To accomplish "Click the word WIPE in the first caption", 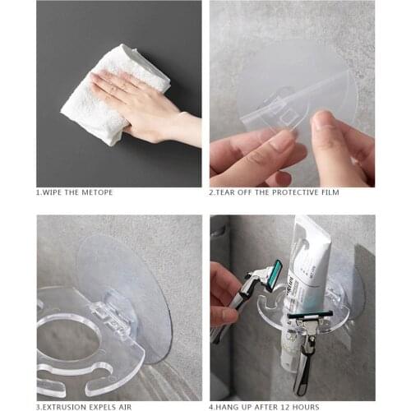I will [57, 192].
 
